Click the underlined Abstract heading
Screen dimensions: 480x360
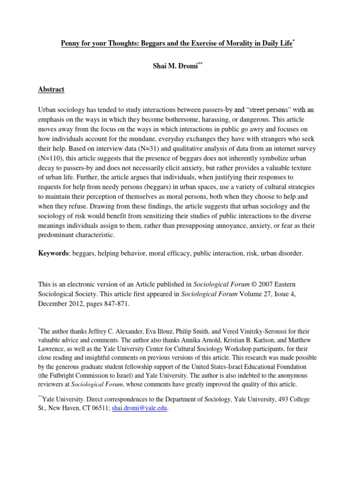click(x=51, y=89)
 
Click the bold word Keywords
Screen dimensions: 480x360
click(x=53, y=253)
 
